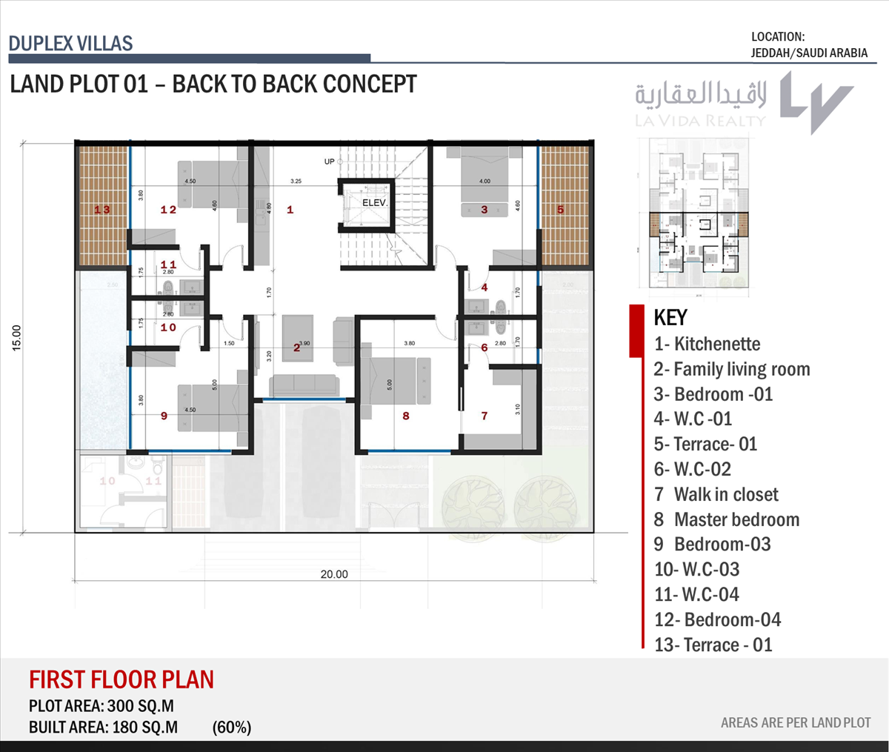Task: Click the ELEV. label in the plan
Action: coord(375,202)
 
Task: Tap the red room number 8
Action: coord(406,416)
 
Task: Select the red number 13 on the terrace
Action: coord(102,210)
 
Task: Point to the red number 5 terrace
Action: coord(560,210)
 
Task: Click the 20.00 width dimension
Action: coord(334,574)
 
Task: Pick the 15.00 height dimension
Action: coord(17,337)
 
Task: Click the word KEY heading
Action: coord(670,318)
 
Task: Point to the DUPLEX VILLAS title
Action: coord(71,43)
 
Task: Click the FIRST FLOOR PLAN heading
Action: coord(121,679)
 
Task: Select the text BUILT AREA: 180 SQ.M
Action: coord(103,727)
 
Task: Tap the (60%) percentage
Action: coord(232,727)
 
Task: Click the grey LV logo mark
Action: coord(816,102)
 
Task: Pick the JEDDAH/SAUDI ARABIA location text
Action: coord(809,53)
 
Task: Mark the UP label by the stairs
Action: coord(329,162)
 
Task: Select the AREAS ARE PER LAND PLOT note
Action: coord(796,722)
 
